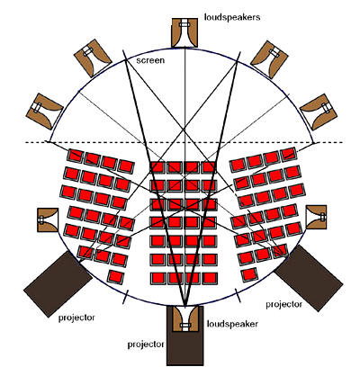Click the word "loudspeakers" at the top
click(x=232, y=17)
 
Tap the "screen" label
click(x=150, y=60)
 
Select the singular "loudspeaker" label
click(x=232, y=324)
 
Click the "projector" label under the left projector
click(x=76, y=318)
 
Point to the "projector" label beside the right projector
click(x=283, y=305)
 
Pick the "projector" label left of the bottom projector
click(x=146, y=345)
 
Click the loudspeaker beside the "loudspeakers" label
click(x=184, y=32)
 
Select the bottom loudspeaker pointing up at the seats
click(x=185, y=318)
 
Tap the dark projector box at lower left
click(x=58, y=283)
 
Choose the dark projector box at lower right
click(x=309, y=278)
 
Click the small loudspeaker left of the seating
click(x=48, y=220)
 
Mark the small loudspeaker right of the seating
click(x=316, y=218)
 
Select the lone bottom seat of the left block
click(x=116, y=276)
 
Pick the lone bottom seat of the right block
click(x=249, y=274)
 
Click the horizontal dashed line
click(x=184, y=142)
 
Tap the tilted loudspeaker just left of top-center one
click(x=93, y=58)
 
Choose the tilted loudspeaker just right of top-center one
click(x=269, y=59)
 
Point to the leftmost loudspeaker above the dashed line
click(x=45, y=112)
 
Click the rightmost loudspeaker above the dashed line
click(x=319, y=112)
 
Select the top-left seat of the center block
click(x=157, y=167)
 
